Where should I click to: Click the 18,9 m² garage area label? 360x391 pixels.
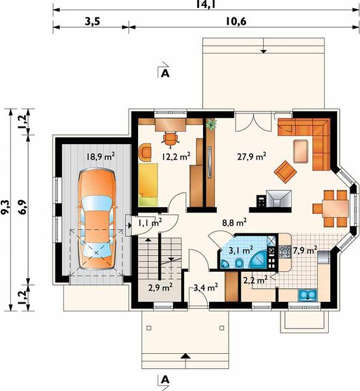pos(100,156)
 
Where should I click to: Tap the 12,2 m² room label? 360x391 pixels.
pos(176,156)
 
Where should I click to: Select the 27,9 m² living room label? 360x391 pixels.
pos(252,156)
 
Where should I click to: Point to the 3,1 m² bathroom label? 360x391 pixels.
pos(241,250)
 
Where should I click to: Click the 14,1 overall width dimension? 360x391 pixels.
pos(206,5)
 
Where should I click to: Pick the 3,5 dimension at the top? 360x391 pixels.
pos(92,22)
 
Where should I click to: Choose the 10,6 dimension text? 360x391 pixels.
pos(236,22)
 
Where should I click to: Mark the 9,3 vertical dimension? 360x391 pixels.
pos(5,207)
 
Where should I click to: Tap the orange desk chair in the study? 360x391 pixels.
pos(171,138)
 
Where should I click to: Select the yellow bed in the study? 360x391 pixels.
pos(148,184)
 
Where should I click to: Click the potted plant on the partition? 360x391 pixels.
pos(212,124)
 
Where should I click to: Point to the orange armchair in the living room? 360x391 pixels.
pos(285,172)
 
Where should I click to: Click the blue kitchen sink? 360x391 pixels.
pos(308,295)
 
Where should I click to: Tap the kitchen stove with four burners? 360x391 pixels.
pos(284,252)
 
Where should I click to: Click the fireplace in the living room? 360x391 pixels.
pos(279,199)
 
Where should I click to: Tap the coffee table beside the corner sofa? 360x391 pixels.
pos(301,151)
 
